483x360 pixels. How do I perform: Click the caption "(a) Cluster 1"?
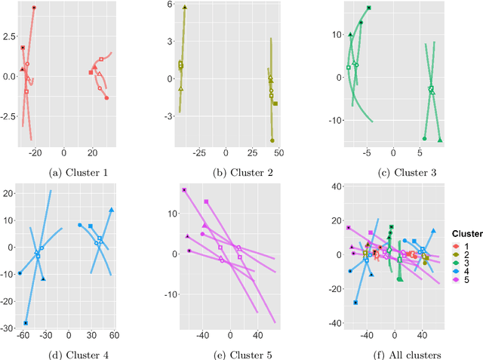[78, 173]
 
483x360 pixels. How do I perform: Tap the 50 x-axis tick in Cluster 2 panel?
[278, 153]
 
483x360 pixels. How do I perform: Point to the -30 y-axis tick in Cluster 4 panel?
[8, 328]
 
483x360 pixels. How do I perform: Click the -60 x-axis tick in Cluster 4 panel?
[23, 335]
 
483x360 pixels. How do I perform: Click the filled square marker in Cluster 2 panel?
[275, 103]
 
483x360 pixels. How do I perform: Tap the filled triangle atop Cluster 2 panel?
[185, 7]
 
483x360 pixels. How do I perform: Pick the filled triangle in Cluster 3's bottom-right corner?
[440, 140]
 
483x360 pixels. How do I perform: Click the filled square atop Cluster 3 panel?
[368, 8]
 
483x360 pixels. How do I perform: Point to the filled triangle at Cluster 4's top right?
[111, 210]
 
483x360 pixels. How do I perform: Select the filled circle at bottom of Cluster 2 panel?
[272, 140]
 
